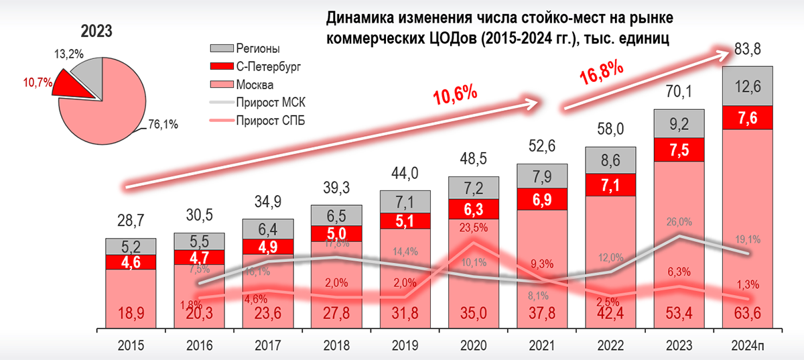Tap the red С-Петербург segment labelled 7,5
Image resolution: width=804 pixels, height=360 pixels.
pos(678,149)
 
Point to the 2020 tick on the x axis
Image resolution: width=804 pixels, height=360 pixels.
pos(473,346)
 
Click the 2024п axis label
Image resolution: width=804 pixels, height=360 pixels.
pos(747,346)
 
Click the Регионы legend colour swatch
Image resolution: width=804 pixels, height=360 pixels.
pos(220,49)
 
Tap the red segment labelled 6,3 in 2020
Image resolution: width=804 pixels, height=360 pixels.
pos(473,208)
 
